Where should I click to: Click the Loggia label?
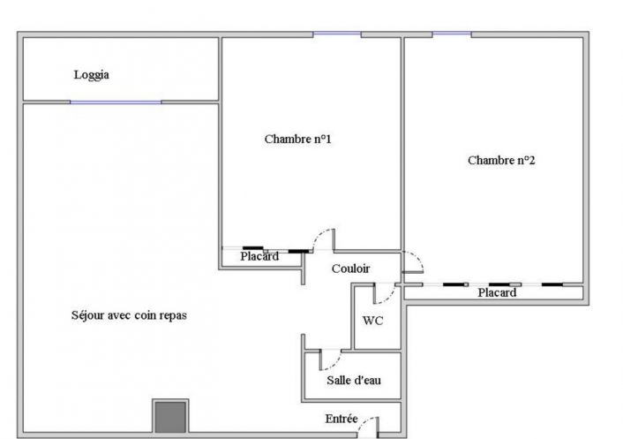coord(91,76)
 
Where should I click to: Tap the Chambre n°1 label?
coord(297,139)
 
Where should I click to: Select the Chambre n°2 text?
coord(501,160)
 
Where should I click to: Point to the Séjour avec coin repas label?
coord(129,315)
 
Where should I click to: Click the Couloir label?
coord(350,269)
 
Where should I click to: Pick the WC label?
coord(373,321)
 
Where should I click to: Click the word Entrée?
coord(342,418)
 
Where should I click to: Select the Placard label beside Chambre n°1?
coord(259,257)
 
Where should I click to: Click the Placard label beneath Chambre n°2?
coord(497,293)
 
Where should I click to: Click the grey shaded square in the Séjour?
coord(169,415)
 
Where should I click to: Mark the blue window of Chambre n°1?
coord(337,34)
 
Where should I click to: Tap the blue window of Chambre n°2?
coord(451,34)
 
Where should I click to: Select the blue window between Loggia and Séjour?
coord(116,102)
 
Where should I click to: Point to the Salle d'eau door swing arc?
coord(330,360)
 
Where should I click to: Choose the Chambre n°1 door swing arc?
coord(323,240)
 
